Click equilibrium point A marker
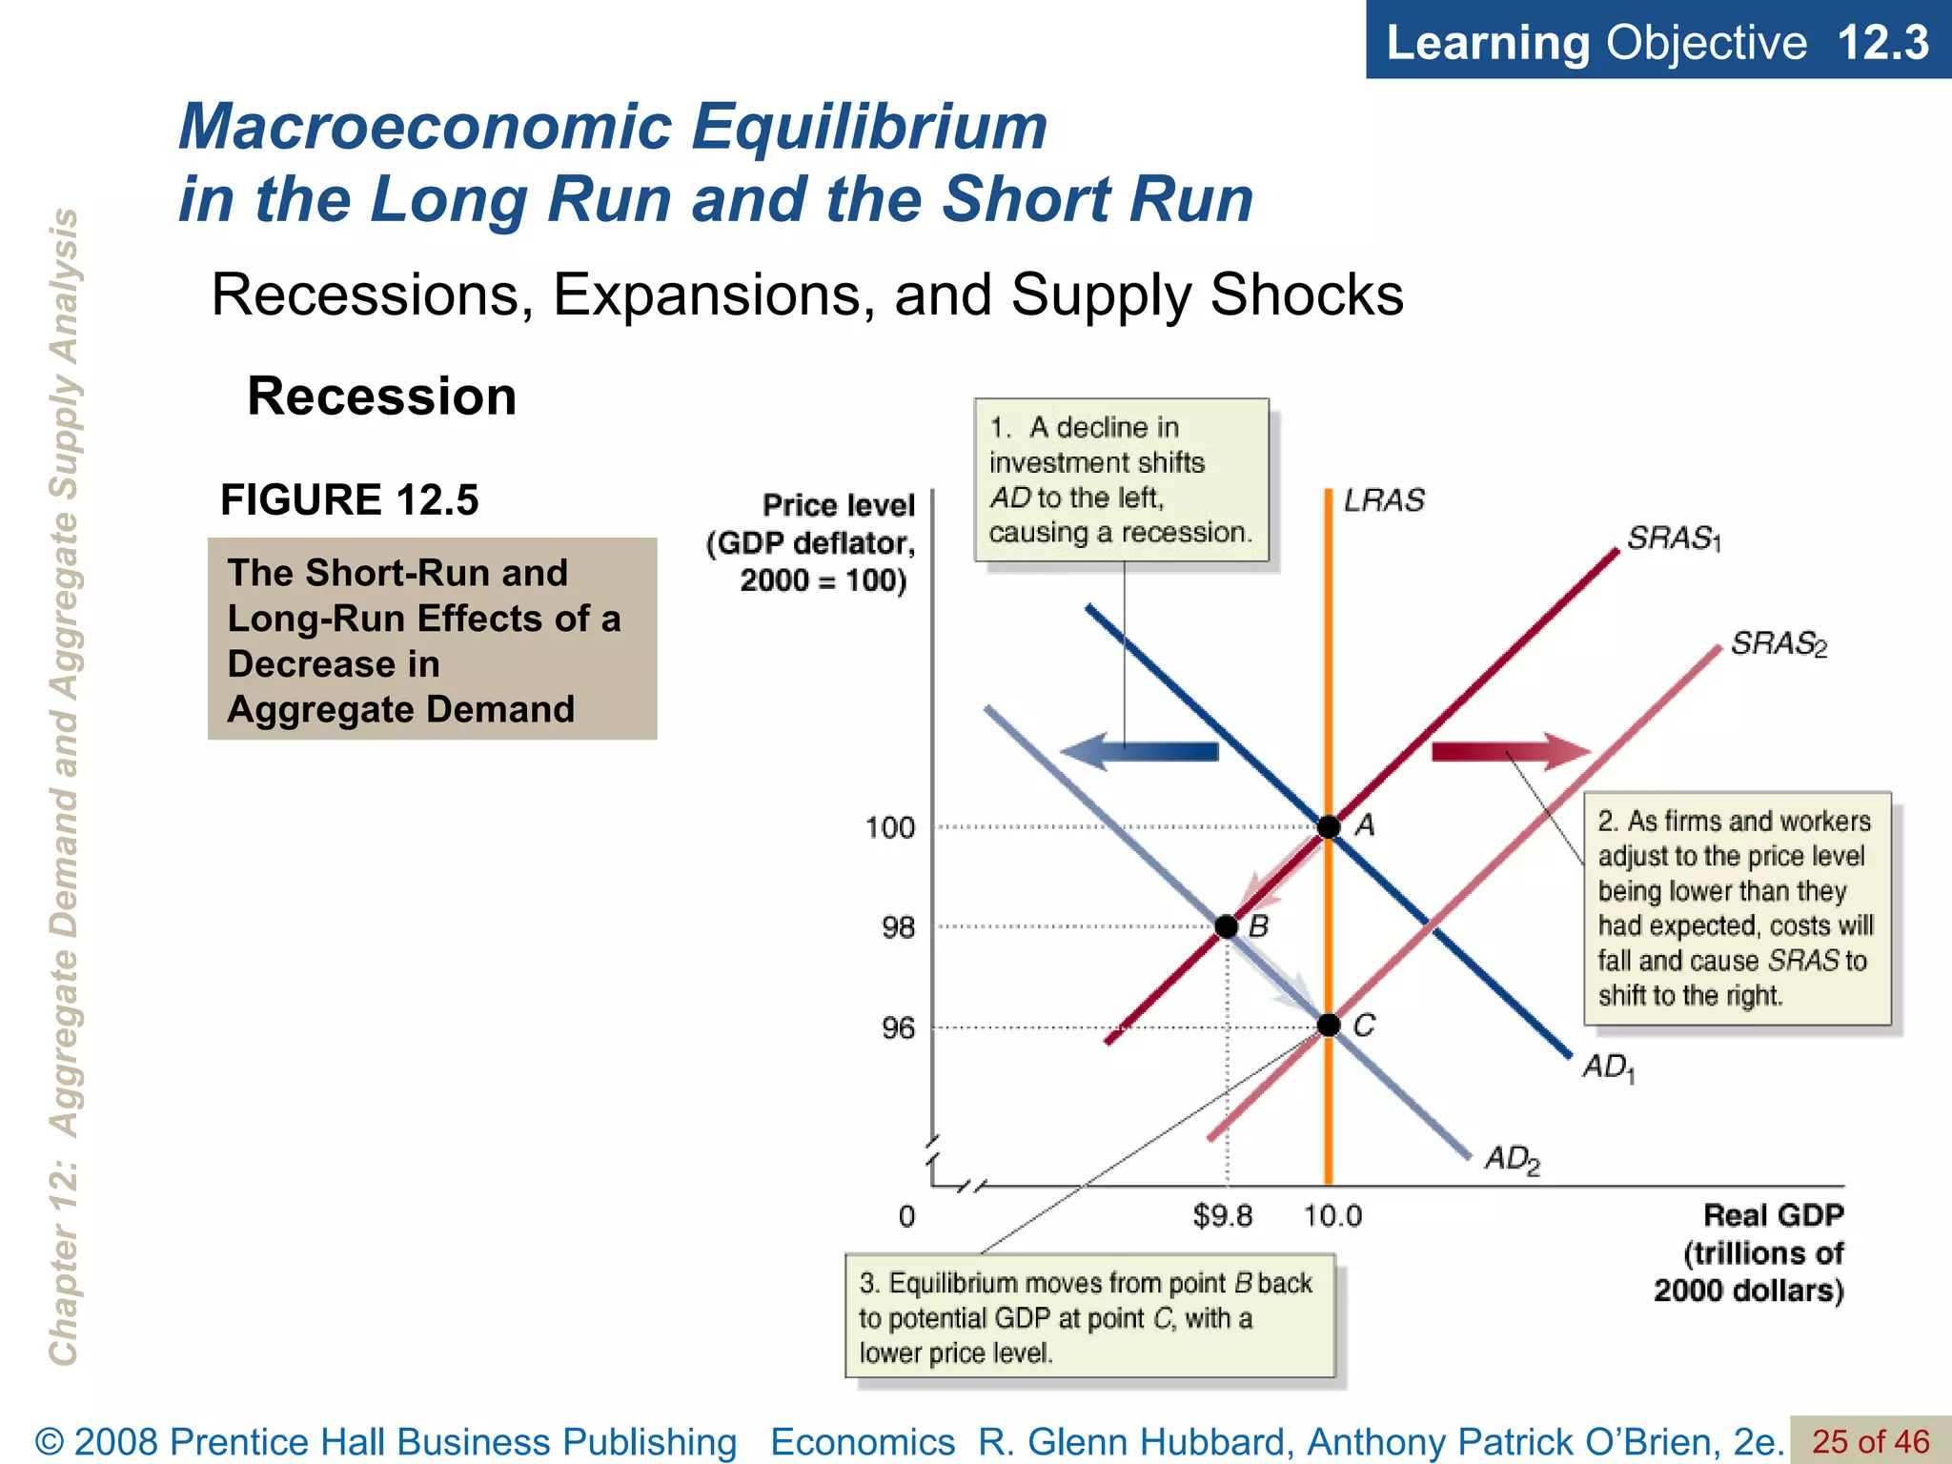pyautogui.click(x=1329, y=826)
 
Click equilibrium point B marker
pyautogui.click(x=1227, y=926)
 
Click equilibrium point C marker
pyautogui.click(x=1329, y=1026)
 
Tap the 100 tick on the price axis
pyautogui.click(x=890, y=827)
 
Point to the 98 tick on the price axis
pyautogui.click(x=898, y=927)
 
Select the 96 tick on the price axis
pyautogui.click(x=898, y=1028)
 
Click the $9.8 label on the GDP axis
pyautogui.click(x=1223, y=1216)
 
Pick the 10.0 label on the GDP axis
pyautogui.click(x=1332, y=1216)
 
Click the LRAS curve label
pyautogui.click(x=1384, y=500)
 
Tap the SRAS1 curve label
pyautogui.click(x=1674, y=539)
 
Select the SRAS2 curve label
pyautogui.click(x=1779, y=644)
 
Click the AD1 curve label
pyautogui.click(x=1609, y=1067)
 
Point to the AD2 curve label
pyautogui.click(x=1513, y=1160)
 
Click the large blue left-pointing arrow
pyautogui.click(x=1140, y=752)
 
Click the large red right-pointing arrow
pyautogui.click(x=1512, y=752)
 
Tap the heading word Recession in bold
pyautogui.click(x=381, y=396)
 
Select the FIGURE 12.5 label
pyautogui.click(x=349, y=500)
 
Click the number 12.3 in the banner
pyautogui.click(x=1881, y=43)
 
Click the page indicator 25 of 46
pyautogui.click(x=1870, y=1441)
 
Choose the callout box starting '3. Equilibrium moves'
pyautogui.click(x=1089, y=1316)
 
